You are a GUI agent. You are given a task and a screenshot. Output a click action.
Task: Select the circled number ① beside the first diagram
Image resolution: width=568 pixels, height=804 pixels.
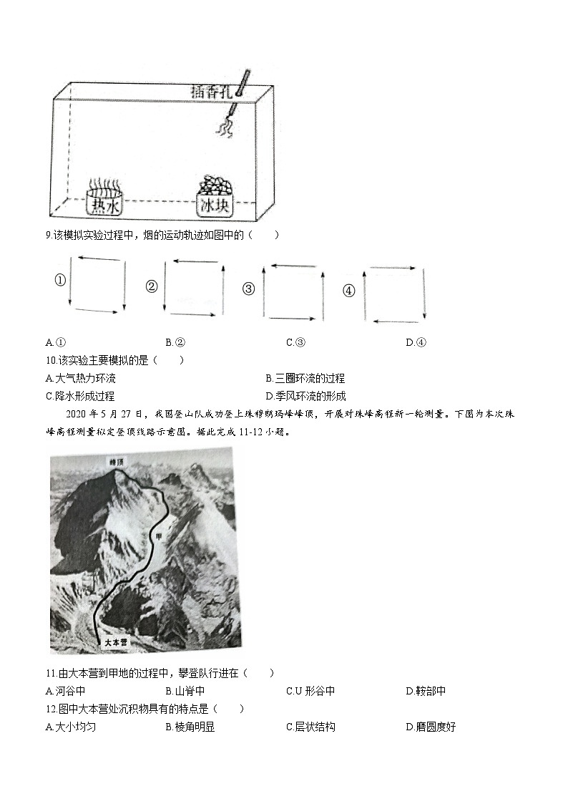60,281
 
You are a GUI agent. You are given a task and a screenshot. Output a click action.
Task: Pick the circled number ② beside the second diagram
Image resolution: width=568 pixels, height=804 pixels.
152,286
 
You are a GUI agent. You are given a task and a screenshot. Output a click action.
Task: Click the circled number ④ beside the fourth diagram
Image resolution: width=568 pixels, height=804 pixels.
349,290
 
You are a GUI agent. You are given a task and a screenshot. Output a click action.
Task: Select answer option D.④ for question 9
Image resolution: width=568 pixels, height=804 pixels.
416,342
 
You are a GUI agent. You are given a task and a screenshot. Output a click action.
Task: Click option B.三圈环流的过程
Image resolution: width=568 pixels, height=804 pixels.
305,378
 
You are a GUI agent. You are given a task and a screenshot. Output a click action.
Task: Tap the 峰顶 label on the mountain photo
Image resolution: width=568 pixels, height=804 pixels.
117,462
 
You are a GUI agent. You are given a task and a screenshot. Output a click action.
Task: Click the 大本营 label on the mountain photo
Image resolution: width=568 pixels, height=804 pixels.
114,642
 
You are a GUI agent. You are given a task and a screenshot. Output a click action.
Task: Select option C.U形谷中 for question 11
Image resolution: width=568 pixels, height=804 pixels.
310,691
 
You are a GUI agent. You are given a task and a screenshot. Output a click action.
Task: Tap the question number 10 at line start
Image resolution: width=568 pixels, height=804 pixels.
50,360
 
